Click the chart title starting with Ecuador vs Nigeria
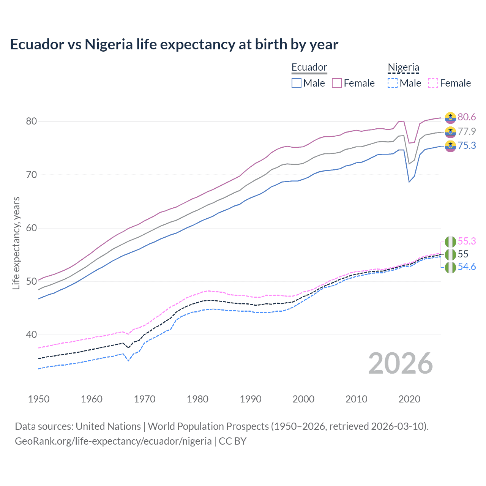[174, 44]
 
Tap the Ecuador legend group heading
[309, 68]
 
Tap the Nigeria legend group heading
[403, 68]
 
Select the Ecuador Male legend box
[297, 83]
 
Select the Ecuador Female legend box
[337, 83]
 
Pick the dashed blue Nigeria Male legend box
[393, 83]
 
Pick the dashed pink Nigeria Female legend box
[433, 83]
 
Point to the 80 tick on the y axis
[31, 121]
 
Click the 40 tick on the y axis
[31, 335]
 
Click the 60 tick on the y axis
[31, 228]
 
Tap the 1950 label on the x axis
[39, 399]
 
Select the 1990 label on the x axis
[251, 399]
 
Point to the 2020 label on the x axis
[409, 399]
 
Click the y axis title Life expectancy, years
[16, 243]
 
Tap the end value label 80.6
[467, 117]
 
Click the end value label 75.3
[467, 146]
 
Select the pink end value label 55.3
[467, 241]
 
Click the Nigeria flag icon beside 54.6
[450, 267]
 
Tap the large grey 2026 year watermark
[401, 363]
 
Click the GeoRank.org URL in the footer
[113, 441]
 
